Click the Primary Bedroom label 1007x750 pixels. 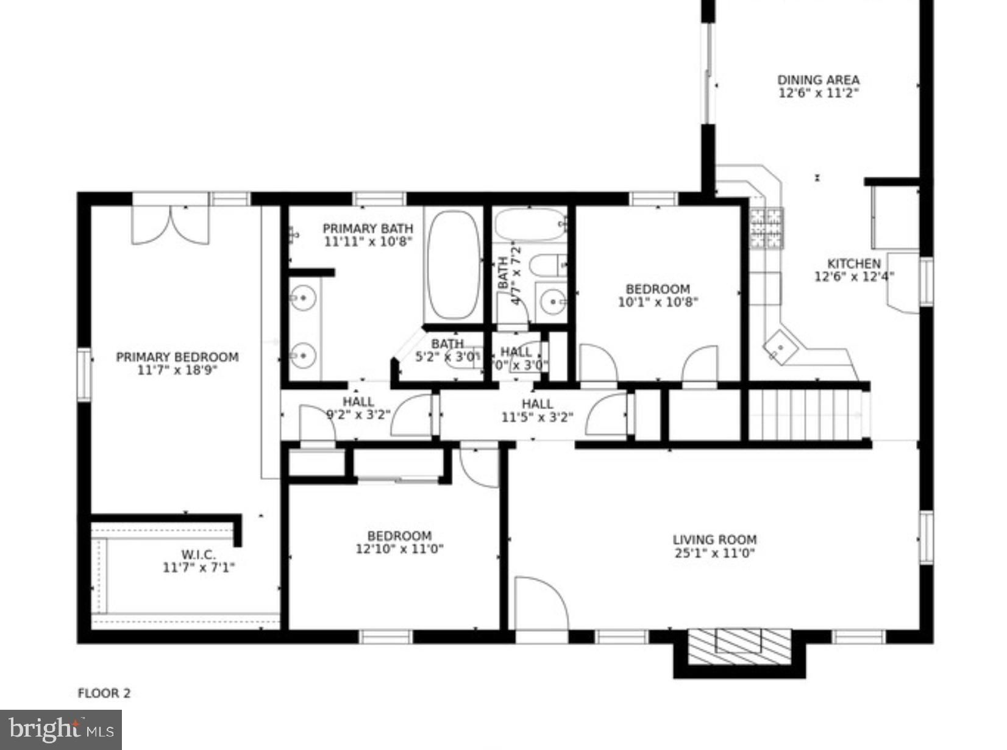[x=177, y=357]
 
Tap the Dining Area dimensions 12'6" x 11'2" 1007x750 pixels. [x=818, y=93]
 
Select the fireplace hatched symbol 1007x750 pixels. [x=739, y=646]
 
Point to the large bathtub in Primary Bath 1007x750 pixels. [x=453, y=265]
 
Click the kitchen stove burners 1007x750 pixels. [x=766, y=228]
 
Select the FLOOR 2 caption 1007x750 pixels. [x=104, y=693]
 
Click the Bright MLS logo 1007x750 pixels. [x=60, y=729]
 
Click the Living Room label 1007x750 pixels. [x=714, y=540]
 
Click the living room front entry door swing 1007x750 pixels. [x=540, y=604]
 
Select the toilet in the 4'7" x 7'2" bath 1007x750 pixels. [x=547, y=265]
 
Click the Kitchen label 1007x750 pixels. [x=853, y=263]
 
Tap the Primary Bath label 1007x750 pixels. [x=368, y=228]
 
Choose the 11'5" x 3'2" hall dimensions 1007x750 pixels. [x=537, y=417]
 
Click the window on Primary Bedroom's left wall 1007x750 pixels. [x=84, y=374]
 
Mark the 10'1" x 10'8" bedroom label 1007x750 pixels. [x=658, y=289]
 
